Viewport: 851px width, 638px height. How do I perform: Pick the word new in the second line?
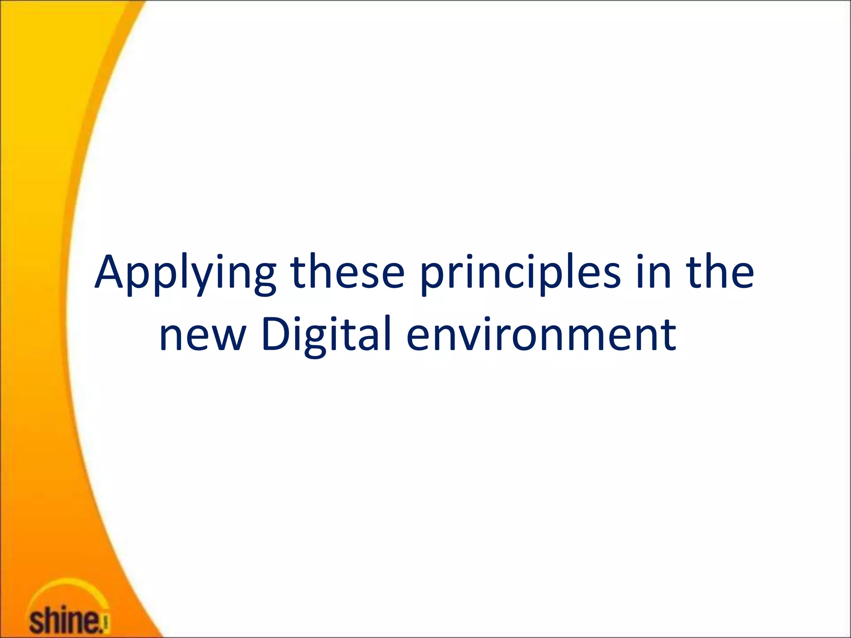click(203, 335)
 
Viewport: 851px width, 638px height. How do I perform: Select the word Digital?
click(327, 335)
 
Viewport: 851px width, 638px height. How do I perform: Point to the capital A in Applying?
click(109, 272)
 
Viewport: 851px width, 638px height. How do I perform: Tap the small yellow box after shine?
click(106, 623)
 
